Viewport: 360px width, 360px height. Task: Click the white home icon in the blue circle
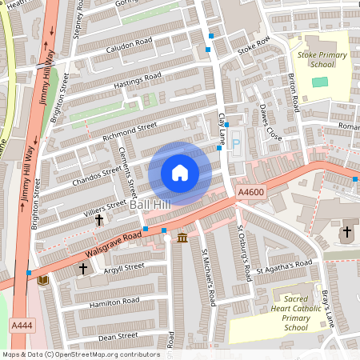180,172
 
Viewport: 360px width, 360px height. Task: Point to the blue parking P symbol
236,143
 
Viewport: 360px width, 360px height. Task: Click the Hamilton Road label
114,302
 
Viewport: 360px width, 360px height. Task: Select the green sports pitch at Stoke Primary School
319,82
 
